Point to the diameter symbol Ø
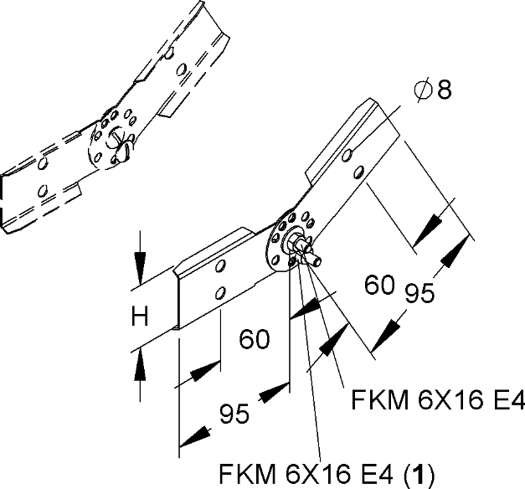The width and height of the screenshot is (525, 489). tap(422, 90)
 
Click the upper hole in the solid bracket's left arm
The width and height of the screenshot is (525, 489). tap(219, 266)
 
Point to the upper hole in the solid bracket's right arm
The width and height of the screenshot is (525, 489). tap(348, 154)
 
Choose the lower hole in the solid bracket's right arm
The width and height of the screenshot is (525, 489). tap(358, 172)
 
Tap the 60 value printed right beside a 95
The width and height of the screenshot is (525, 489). tap(379, 286)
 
